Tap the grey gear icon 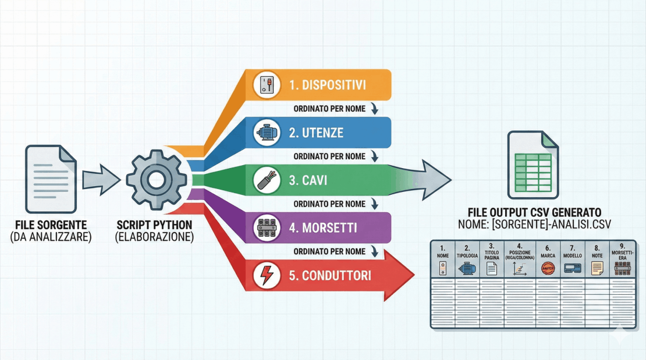click(156, 180)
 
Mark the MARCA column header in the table click(547, 255)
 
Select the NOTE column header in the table click(597, 255)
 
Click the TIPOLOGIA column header click(467, 255)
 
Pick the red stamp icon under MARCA click(547, 268)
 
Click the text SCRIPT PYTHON click(155, 224)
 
